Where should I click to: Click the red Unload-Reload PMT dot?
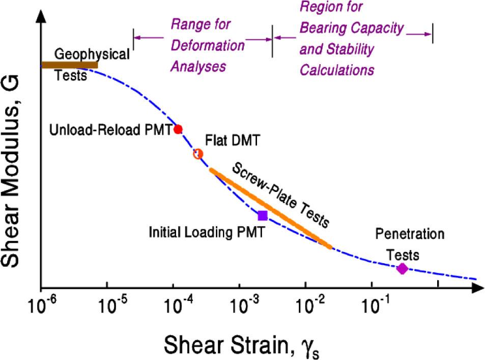178,129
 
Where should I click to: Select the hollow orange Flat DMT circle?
198,154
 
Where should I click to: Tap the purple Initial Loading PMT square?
263,215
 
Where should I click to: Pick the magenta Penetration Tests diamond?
402,268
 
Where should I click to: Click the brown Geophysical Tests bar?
69,65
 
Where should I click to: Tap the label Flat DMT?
232,140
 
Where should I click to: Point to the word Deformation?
207,45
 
